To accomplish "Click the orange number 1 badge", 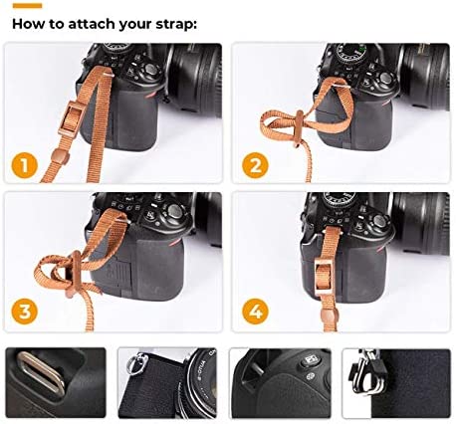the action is [25, 165].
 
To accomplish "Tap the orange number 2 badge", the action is [255, 165].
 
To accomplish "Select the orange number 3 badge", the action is [25, 312].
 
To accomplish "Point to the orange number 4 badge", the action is [255, 312].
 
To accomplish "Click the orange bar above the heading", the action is [27, 6].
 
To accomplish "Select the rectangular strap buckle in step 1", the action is [72, 117].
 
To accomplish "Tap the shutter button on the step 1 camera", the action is [150, 70].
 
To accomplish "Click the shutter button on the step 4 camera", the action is [379, 220].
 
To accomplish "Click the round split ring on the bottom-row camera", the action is [134, 363].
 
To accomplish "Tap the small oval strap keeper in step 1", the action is [60, 157].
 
